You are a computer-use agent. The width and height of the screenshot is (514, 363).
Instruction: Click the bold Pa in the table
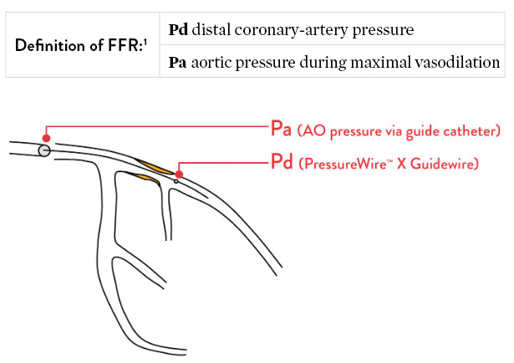pyautogui.click(x=177, y=61)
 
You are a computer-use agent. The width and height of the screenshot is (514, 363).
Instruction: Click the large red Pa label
pyautogui.click(x=282, y=130)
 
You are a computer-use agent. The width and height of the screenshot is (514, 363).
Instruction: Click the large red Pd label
pyautogui.click(x=282, y=162)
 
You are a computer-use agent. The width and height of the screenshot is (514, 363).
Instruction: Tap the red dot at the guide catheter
pyautogui.click(x=47, y=138)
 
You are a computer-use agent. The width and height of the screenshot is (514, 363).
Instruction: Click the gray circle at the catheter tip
pyautogui.click(x=43, y=150)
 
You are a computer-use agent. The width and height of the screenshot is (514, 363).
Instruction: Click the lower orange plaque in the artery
pyautogui.click(x=140, y=178)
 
